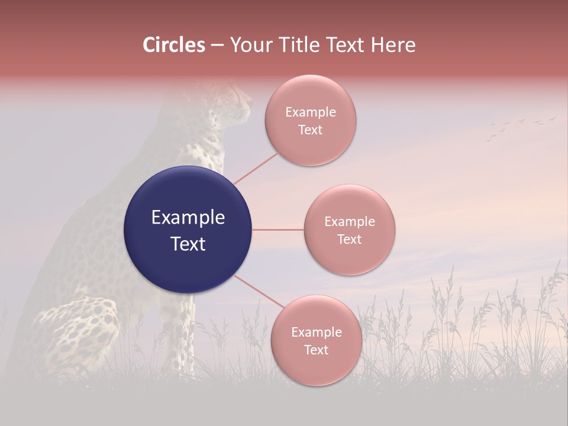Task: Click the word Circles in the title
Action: tap(173, 45)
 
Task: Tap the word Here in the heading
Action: tap(393, 45)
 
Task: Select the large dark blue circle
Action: tap(188, 230)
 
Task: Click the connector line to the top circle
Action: tap(256, 168)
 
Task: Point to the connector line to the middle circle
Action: tap(277, 230)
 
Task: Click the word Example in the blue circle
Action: tap(188, 218)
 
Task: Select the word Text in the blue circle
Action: tap(188, 244)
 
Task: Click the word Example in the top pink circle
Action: tap(310, 112)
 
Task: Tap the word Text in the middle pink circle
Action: tap(349, 239)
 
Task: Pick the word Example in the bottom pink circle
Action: tap(316, 333)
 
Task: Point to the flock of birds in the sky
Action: tap(521, 126)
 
